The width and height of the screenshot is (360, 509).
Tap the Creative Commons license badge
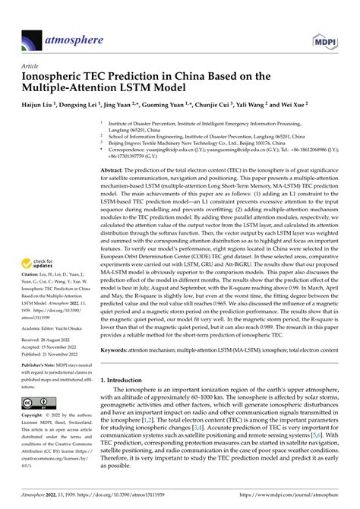click(x=34, y=403)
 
